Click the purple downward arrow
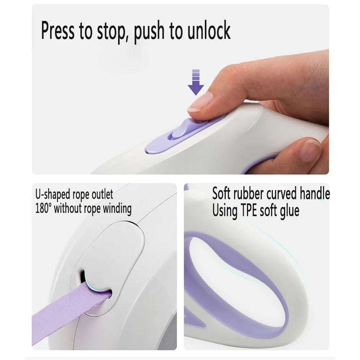196,82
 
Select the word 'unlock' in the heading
209,30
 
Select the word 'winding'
117,209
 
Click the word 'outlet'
102,194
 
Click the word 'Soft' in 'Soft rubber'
221,193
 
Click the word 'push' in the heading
149,32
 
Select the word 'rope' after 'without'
92,210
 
